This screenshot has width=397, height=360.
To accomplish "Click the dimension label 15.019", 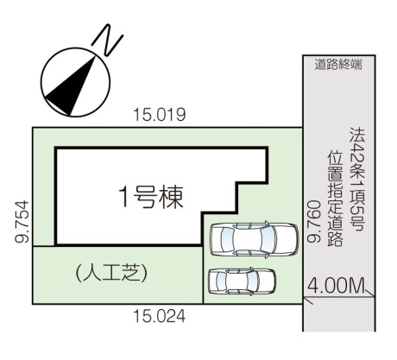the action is coord(160,115).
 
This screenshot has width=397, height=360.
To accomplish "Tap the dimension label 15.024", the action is coord(160,317).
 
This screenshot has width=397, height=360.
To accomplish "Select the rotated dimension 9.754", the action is coord(22,222).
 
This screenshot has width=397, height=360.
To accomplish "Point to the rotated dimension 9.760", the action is coord(313,222).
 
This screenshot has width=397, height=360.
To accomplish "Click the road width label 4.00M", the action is coord(336,286).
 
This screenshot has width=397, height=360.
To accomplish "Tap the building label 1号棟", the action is coord(151,198).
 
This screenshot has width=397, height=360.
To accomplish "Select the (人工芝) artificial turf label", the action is coord(111,273).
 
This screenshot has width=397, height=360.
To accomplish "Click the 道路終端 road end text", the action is coord(338,65).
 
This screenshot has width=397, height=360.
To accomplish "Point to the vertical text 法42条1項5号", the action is coord(357,179).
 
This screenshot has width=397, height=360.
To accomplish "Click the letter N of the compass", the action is coord(108,40).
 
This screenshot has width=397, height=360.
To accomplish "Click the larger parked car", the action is coord(255,239).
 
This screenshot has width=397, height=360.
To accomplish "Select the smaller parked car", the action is coord(242,281).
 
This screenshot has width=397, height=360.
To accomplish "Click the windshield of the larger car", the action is coord(267,239).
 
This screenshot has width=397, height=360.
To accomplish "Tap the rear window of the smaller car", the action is coord(221,281).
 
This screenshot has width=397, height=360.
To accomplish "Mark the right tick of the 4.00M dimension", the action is coord(369,293).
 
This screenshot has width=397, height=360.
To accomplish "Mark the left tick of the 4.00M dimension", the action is coord(307,300).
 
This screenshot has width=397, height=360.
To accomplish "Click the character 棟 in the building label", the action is coord(172,198).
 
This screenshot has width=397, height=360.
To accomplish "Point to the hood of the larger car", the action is coord(287,239).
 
